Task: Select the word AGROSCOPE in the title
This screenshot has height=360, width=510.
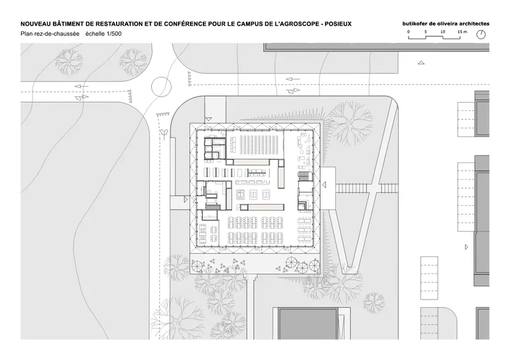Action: [x=298, y=24]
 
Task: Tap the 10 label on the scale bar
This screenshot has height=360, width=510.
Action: [x=442, y=32]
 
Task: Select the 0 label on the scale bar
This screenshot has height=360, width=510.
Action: [x=409, y=32]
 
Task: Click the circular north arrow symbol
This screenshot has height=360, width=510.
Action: [x=481, y=34]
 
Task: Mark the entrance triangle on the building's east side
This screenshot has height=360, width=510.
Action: [x=324, y=185]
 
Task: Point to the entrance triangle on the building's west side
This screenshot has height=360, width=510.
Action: [x=186, y=199]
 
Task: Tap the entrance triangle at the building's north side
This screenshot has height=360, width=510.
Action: [x=209, y=119]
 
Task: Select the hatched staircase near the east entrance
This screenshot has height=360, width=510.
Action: [x=303, y=176]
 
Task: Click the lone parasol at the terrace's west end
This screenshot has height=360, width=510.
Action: [x=197, y=266]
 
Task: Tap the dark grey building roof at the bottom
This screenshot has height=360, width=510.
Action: [x=308, y=324]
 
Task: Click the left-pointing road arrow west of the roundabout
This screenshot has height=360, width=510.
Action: [x=82, y=86]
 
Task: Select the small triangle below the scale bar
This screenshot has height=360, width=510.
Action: [x=421, y=62]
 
